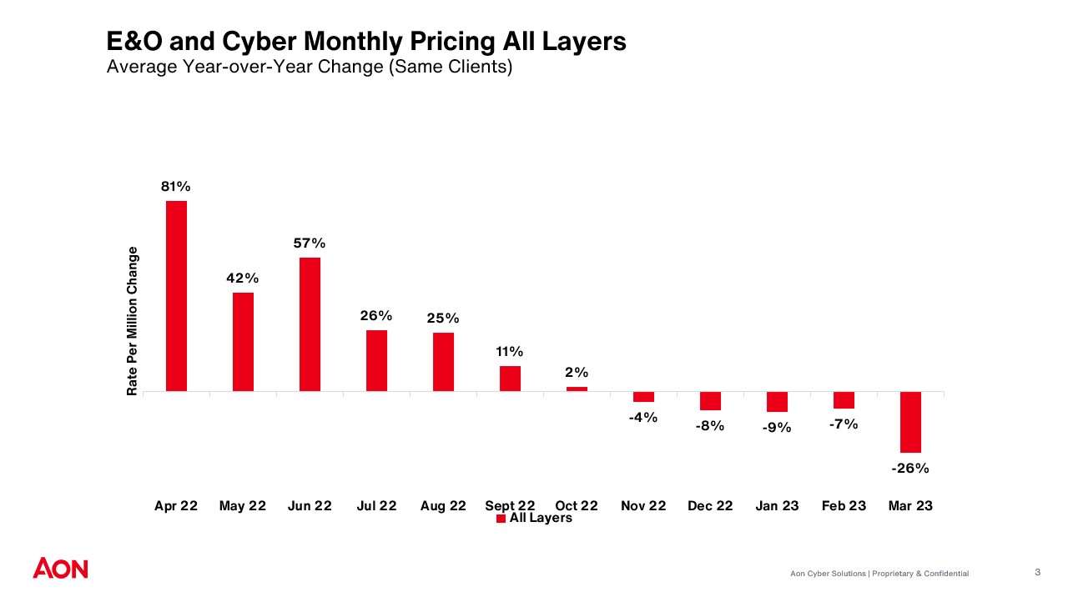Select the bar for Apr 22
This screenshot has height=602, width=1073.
[176, 296]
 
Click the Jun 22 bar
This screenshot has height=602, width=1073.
[310, 324]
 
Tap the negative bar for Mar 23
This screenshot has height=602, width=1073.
[910, 422]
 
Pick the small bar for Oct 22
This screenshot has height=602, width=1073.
[577, 389]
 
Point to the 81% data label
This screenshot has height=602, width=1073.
[176, 186]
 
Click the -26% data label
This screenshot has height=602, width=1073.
[909, 469]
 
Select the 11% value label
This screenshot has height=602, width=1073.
[510, 352]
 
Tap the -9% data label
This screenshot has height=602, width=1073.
[776, 428]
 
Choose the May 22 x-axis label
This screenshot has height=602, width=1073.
[242, 506]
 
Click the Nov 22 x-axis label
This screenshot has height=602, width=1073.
[643, 506]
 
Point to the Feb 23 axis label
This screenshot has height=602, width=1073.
[844, 506]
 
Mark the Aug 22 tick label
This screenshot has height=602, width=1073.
[443, 506]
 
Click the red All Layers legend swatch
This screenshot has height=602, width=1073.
[501, 519]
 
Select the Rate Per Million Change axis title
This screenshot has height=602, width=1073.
[132, 321]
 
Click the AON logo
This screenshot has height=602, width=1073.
[60, 569]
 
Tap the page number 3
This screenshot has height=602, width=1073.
[1037, 572]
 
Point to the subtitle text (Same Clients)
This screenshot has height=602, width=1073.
[450, 68]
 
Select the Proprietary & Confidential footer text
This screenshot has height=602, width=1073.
[920, 574]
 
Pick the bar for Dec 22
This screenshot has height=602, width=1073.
[710, 401]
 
